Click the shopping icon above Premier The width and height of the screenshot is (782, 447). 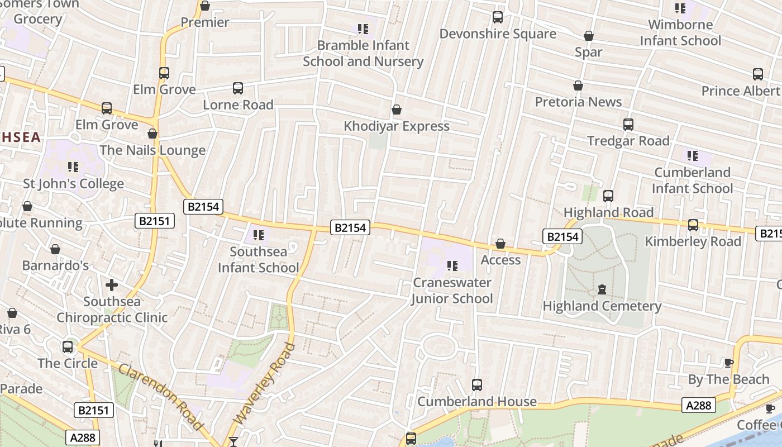coord(205,6)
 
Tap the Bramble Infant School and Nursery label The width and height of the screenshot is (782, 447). coord(363,53)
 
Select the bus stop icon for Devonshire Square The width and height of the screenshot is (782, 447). coord(498,17)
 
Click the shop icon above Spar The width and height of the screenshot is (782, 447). coord(588,36)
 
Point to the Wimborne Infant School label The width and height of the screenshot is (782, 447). coord(680,32)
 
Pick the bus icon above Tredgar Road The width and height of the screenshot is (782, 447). coord(628,125)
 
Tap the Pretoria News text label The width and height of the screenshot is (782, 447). coord(578,102)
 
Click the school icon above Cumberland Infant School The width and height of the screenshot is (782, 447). coord(693,156)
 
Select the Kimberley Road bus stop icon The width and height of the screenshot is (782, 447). coord(693,225)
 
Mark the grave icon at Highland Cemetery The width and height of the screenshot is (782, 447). coord(602,289)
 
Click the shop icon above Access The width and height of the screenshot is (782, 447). coord(500,244)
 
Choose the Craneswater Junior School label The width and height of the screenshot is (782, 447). coord(452,291)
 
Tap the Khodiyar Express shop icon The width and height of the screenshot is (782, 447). coord(397,110)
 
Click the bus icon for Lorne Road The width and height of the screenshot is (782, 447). coord(238,88)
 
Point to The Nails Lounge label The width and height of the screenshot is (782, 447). coord(152,150)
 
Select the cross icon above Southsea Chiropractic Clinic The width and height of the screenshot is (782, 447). coord(112,286)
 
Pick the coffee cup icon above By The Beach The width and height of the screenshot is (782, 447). coord(729,363)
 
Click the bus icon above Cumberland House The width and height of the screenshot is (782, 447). coord(477,385)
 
